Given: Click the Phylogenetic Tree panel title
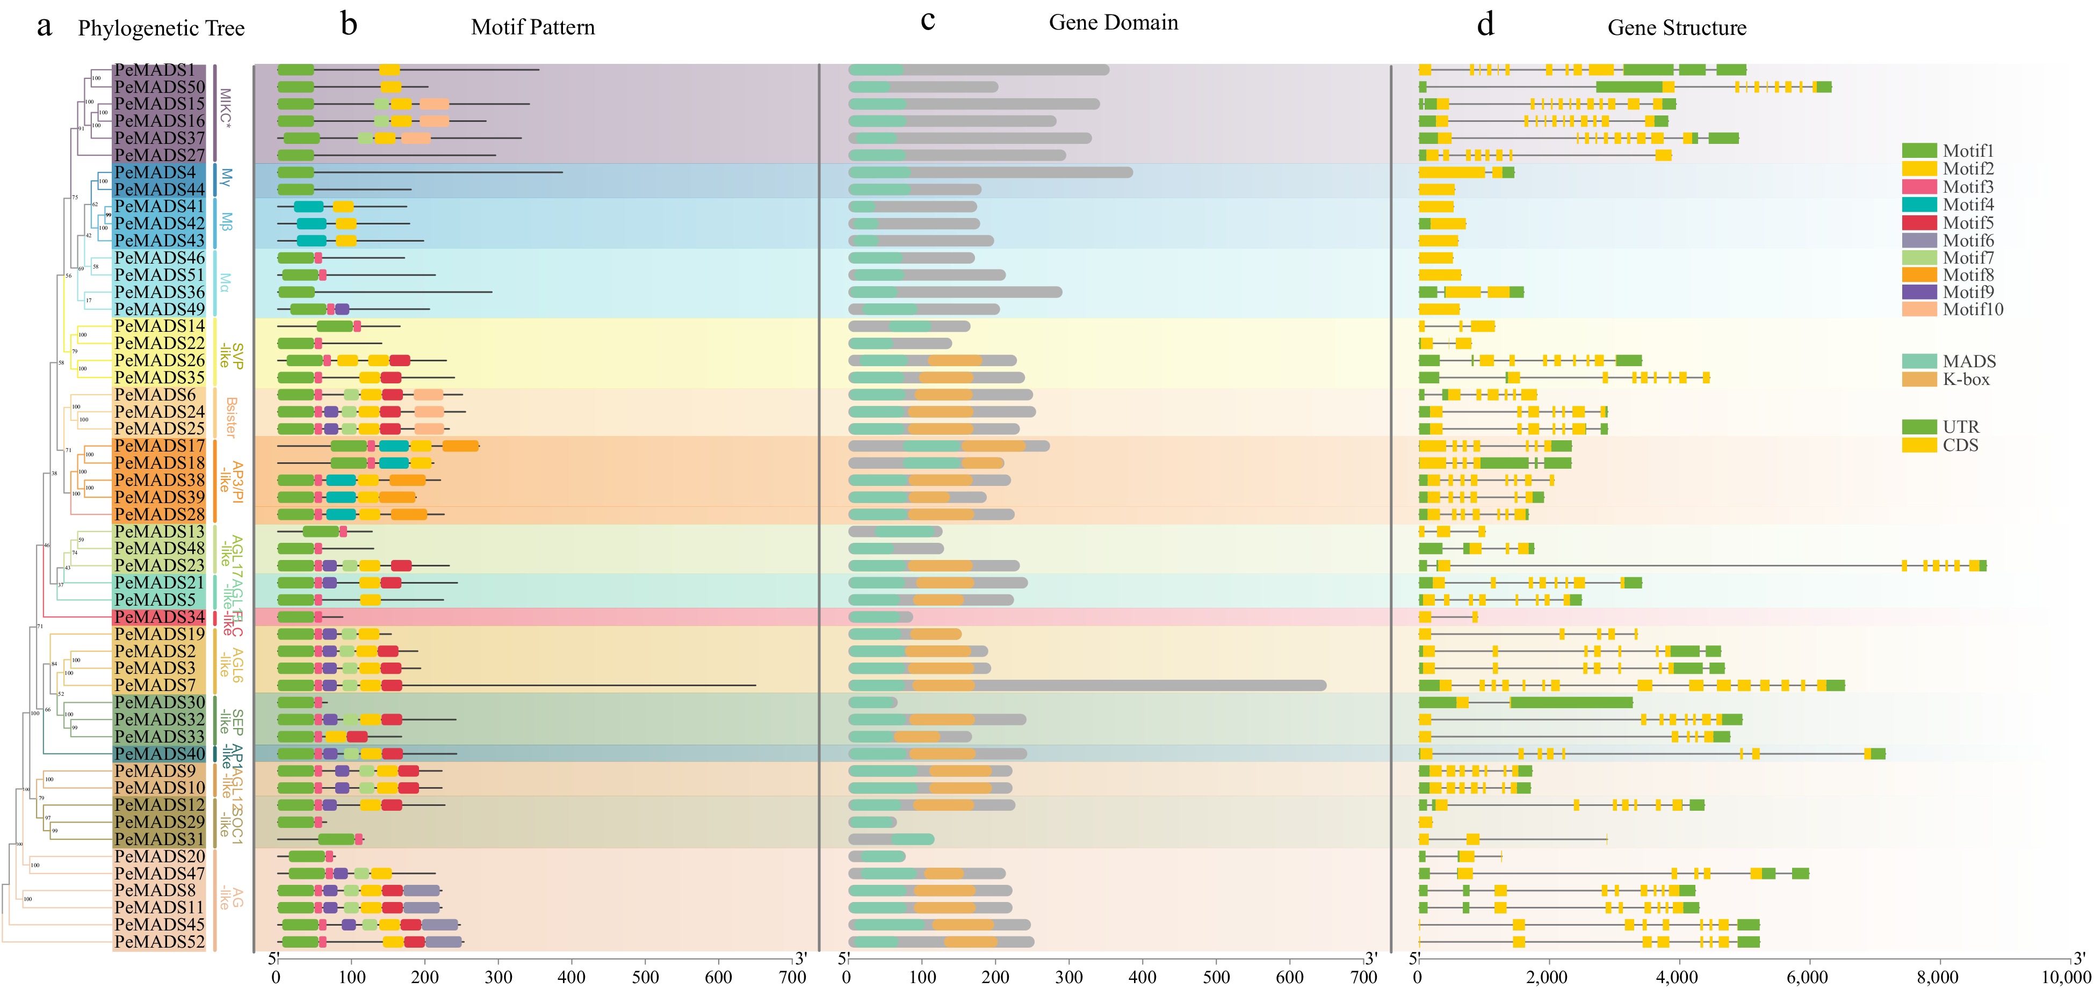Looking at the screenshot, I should pyautogui.click(x=161, y=28).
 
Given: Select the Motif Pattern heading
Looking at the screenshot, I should pyautogui.click(x=532, y=27).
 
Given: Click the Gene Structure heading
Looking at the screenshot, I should pyautogui.click(x=1676, y=27).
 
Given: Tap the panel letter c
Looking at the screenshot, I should pyautogui.click(x=928, y=20).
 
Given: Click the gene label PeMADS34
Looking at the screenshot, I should pyautogui.click(x=160, y=617).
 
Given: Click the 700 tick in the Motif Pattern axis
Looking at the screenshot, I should pyautogui.click(x=792, y=977).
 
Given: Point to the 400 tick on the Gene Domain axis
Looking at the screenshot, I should pyautogui.click(x=1142, y=977).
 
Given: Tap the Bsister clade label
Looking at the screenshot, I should pyautogui.click(x=231, y=417).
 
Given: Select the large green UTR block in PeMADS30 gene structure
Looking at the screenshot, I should pyautogui.click(x=1571, y=703).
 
